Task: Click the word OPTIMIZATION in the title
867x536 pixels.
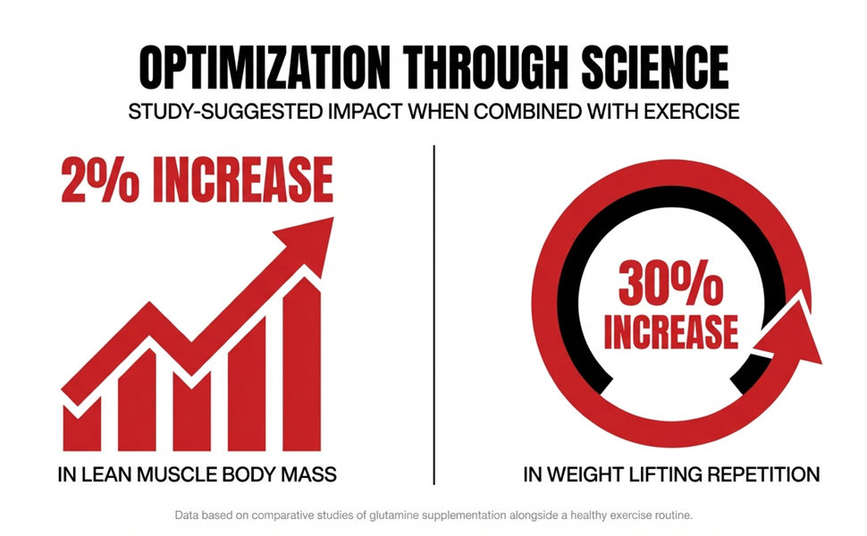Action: [x=265, y=67]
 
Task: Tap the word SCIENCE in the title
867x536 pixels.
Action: [x=654, y=67]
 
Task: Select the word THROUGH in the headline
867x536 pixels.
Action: [x=485, y=67]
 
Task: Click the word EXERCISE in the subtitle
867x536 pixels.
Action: [x=691, y=112]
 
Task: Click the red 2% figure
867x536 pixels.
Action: [x=99, y=179]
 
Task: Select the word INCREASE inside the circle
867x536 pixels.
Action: [x=670, y=331]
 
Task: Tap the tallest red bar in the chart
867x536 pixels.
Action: [x=302, y=364]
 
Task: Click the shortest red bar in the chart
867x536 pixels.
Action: [x=82, y=424]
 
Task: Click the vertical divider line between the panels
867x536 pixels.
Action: [x=434, y=315]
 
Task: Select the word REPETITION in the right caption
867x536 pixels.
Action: [x=764, y=474]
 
